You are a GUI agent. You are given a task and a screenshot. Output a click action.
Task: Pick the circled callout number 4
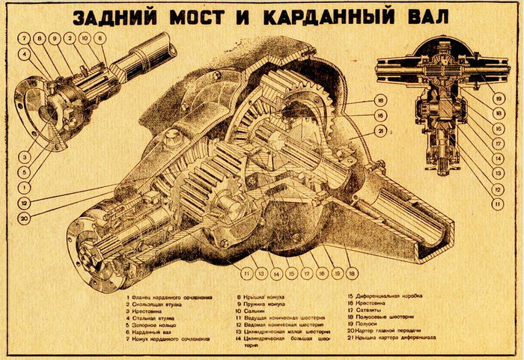tap(25, 54)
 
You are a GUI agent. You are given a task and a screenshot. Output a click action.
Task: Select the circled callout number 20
tap(25, 219)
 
